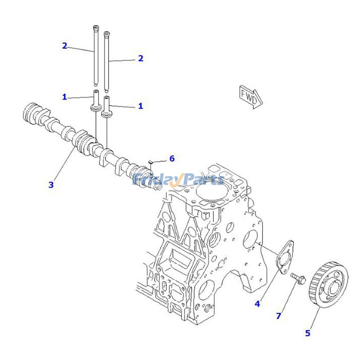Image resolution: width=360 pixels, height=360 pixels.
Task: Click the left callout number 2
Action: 64,45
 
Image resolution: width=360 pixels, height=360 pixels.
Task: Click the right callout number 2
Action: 140,58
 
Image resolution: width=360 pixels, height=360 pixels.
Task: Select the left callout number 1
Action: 64,96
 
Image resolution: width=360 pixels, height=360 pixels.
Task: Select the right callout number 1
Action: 140,106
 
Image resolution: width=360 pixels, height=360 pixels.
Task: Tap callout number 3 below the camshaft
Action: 51,184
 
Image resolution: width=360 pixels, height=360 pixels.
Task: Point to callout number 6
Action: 171,158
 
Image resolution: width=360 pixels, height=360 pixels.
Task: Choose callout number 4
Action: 257,304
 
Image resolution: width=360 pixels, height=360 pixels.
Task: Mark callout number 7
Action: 278,316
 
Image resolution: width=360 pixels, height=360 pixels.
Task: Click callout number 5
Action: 308,333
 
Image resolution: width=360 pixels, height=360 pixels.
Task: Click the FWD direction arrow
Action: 250,96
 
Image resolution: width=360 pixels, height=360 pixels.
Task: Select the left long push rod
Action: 96,54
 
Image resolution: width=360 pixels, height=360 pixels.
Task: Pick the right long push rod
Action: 107,61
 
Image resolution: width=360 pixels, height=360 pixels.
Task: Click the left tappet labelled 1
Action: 96,101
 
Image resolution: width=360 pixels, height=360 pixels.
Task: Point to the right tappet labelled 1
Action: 107,107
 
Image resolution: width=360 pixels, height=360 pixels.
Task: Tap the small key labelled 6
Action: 151,162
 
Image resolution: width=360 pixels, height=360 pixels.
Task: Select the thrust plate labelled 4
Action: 284,257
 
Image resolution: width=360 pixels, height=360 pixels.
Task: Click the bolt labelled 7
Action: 298,279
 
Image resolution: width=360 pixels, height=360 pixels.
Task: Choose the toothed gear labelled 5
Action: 327,286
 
